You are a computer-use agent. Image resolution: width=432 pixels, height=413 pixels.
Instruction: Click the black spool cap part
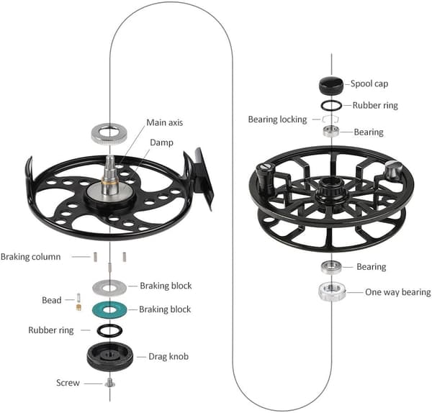[331, 85]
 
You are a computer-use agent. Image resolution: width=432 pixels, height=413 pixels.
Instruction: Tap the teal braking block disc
[101, 309]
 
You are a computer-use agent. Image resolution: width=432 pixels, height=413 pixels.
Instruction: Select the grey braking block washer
[101, 287]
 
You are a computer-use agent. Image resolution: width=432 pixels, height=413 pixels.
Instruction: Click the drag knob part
[110, 357]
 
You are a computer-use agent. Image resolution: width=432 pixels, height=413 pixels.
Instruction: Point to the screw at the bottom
[110, 383]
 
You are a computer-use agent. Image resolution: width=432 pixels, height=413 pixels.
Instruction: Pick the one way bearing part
[332, 291]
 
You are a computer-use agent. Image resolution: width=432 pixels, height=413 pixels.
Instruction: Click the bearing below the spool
[331, 267]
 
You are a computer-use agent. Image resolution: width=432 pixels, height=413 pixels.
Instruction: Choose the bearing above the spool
[331, 131]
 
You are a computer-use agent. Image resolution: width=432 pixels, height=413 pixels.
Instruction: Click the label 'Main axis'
[164, 122]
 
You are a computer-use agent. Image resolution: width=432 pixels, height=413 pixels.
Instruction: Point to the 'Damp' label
[161, 142]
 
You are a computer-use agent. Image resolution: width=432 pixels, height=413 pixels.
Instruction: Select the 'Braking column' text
[30, 257]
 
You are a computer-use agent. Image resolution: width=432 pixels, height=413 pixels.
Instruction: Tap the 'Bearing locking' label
[277, 119]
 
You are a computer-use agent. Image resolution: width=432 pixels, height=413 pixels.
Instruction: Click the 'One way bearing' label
[398, 292]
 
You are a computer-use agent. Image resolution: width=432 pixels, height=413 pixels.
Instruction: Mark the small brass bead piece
[78, 307]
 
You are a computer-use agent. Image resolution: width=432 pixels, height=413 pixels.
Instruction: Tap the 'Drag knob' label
[168, 357]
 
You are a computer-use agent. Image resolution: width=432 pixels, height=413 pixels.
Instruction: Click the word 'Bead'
[52, 300]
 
